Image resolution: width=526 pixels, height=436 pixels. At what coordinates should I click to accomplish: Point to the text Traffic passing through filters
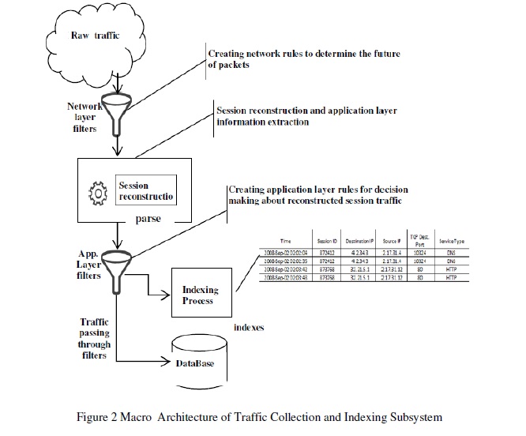(x=96, y=338)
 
